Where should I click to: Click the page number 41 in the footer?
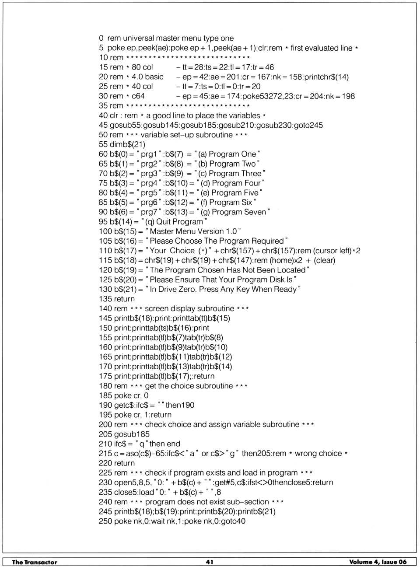pos(210,562)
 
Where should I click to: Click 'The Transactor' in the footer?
pos(35,562)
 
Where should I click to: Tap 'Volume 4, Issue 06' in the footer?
pos(378,562)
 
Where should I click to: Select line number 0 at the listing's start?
pos(101,38)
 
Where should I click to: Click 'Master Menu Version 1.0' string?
pos(193,231)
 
